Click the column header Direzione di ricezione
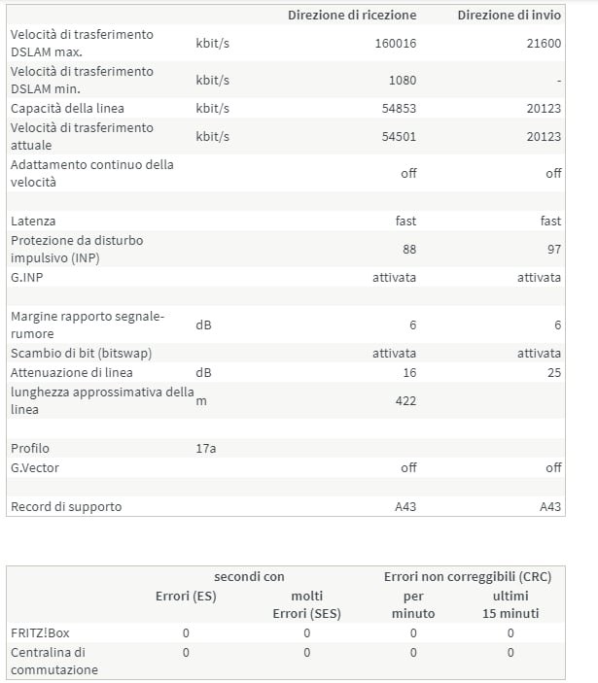(351, 15)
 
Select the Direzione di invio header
(510, 15)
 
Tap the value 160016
(395, 43)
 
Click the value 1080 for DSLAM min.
(402, 80)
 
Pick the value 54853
(399, 108)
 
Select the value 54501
(399, 136)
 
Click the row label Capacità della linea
(67, 108)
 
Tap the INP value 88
(408, 250)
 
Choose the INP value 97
(553, 250)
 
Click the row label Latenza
(33, 222)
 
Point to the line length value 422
(405, 399)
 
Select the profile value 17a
(206, 448)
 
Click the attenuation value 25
(553, 372)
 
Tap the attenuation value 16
(408, 372)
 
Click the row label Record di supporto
(66, 506)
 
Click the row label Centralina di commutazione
(53, 661)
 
